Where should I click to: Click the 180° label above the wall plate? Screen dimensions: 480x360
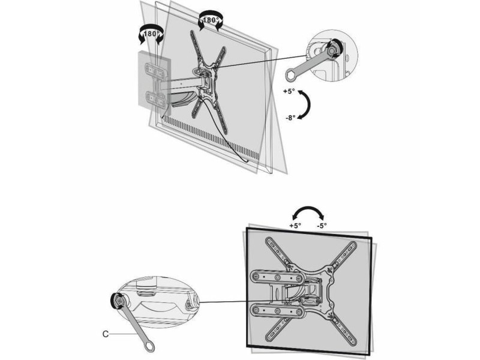tap(151, 34)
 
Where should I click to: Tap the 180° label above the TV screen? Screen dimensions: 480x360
tap(211, 20)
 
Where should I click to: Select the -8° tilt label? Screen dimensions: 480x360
tap(290, 118)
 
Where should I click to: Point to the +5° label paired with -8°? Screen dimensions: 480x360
tap(289, 91)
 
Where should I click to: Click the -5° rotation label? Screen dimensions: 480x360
tap(322, 226)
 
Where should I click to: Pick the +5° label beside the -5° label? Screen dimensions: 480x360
tap(295, 226)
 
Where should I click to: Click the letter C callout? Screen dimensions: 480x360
tap(106, 334)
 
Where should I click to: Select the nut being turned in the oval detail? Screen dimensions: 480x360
tap(118, 300)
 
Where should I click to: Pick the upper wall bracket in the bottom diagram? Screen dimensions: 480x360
tap(277, 278)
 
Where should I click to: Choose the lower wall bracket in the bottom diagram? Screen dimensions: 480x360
tap(277, 311)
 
